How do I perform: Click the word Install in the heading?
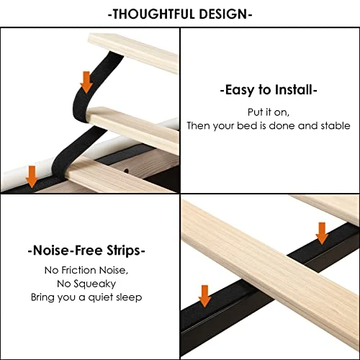pos(292,91)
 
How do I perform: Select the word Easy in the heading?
pos(242,91)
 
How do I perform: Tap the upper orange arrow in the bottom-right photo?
pos(322,232)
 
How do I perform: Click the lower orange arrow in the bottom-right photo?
pos(205,295)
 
